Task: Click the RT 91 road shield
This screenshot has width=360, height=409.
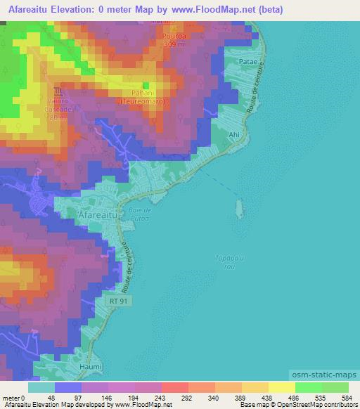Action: click(x=118, y=300)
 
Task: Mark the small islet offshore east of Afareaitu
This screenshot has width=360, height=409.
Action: click(x=240, y=208)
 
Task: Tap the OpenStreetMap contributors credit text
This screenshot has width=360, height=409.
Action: click(x=315, y=405)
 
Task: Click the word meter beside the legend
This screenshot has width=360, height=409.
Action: click(x=12, y=398)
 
